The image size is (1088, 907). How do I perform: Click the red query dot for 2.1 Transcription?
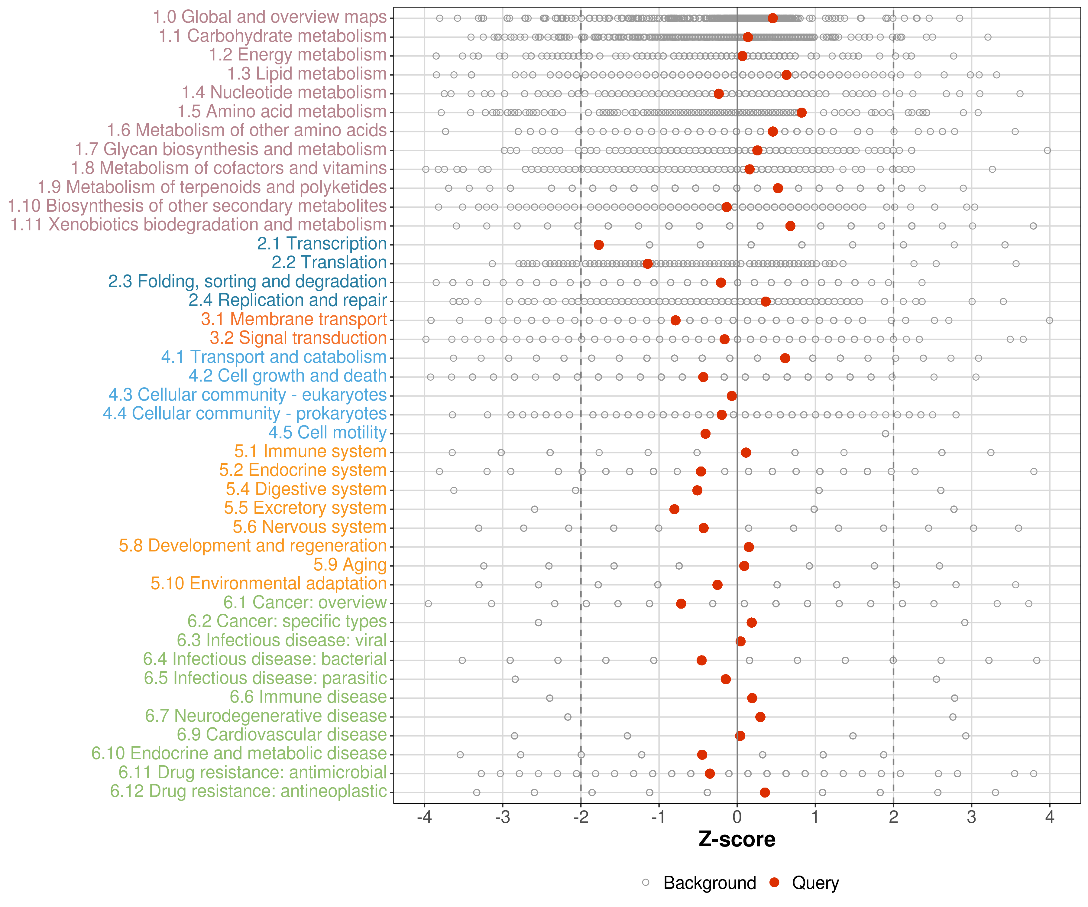click(598, 245)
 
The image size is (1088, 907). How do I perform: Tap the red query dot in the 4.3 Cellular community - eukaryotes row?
click(732, 396)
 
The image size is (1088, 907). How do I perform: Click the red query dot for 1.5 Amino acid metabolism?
click(801, 112)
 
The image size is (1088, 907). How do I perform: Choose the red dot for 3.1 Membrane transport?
click(675, 320)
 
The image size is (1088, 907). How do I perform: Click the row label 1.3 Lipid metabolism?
click(307, 74)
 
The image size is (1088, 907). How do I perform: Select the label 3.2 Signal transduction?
click(298, 338)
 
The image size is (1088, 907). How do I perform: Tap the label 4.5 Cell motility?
click(327, 432)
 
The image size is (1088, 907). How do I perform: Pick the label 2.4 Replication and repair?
click(287, 300)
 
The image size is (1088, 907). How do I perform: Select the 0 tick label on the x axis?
click(737, 817)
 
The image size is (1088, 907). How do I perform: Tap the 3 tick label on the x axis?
click(971, 817)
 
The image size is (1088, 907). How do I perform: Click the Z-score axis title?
click(737, 839)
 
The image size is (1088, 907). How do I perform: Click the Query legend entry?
click(815, 883)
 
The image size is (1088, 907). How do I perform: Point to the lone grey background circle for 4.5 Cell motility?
click(886, 434)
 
